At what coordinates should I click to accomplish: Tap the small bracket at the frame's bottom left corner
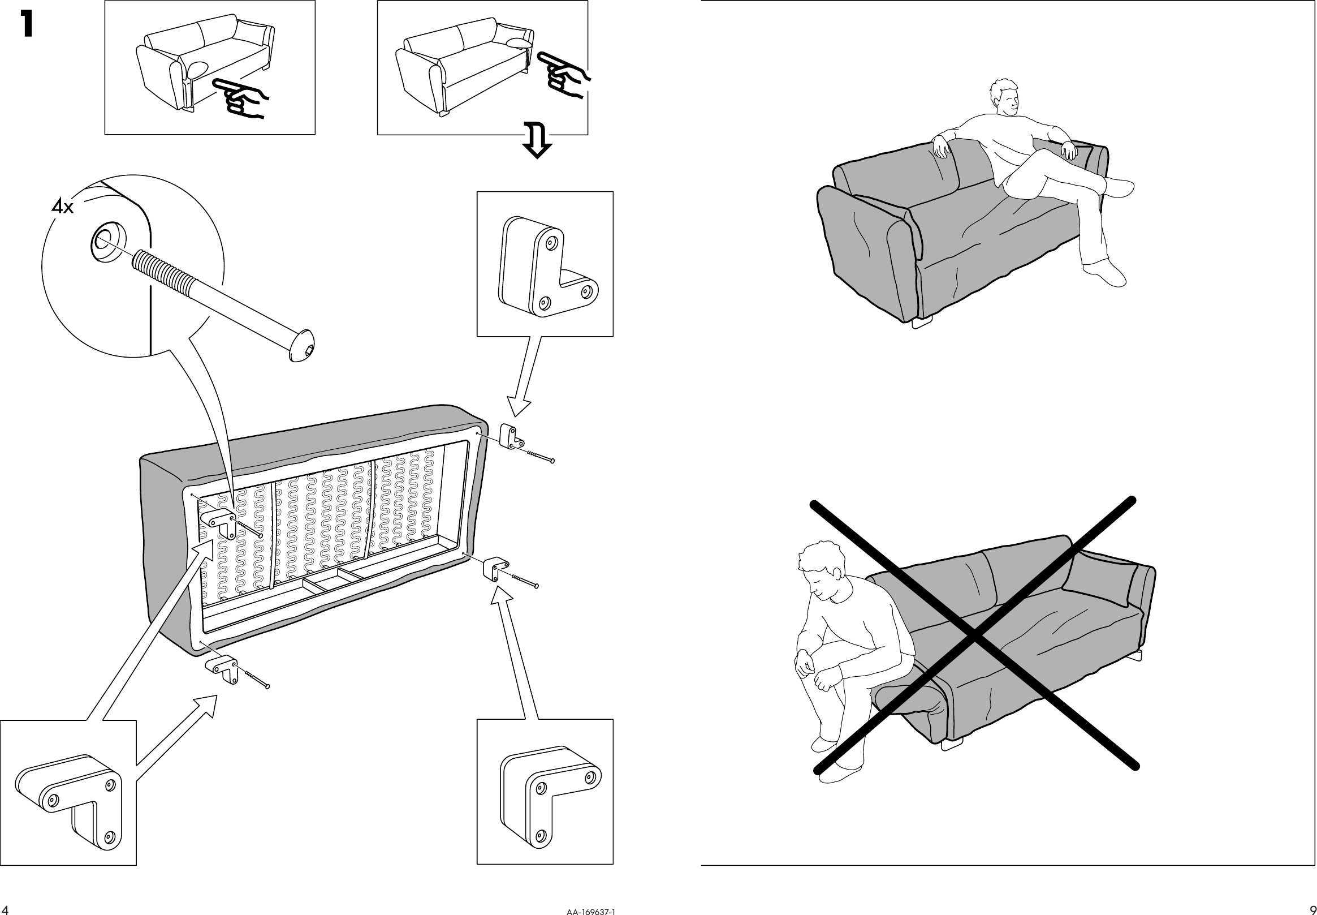(222, 668)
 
